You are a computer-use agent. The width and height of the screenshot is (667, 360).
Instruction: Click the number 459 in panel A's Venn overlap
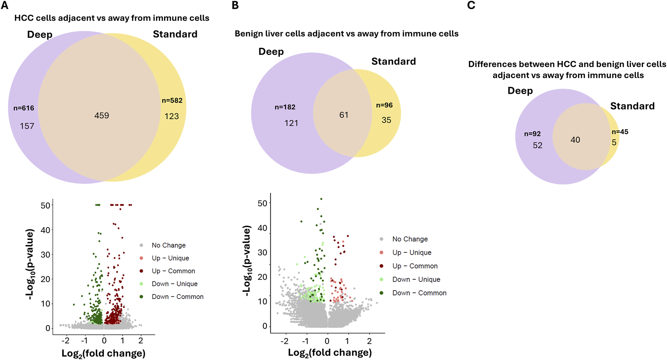pyautogui.click(x=102, y=116)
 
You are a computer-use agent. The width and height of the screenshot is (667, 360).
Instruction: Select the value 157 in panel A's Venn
pyautogui.click(x=27, y=126)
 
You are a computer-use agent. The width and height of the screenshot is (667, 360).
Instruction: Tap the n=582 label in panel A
pyautogui.click(x=172, y=101)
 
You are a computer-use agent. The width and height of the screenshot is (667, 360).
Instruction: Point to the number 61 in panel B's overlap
pyautogui.click(x=344, y=115)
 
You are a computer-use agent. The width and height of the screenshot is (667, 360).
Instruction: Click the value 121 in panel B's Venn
pyautogui.click(x=291, y=123)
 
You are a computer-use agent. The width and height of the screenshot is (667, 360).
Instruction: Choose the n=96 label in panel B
pyautogui.click(x=384, y=105)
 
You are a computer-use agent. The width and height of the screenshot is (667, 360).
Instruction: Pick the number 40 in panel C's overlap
pyautogui.click(x=575, y=140)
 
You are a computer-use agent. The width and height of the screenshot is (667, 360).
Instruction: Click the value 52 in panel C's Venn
pyautogui.click(x=538, y=145)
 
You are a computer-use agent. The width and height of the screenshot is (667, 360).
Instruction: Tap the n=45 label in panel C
pyautogui.click(x=620, y=132)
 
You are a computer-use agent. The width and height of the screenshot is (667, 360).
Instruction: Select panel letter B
pyautogui.click(x=235, y=5)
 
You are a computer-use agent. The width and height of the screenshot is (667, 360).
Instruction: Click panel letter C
pyautogui.click(x=471, y=5)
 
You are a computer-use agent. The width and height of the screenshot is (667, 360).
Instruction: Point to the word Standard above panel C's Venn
pyautogui.click(x=632, y=106)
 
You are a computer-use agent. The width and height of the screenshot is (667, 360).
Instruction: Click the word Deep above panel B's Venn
pyautogui.click(x=271, y=52)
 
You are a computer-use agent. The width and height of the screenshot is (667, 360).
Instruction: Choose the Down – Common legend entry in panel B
pyautogui.click(x=419, y=293)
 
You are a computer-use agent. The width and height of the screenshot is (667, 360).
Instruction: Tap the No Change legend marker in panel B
pyautogui.click(x=382, y=239)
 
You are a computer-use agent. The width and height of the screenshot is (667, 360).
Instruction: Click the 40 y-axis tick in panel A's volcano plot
pyautogui.click(x=46, y=230)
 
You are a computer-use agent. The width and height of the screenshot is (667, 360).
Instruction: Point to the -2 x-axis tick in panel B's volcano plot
pyautogui.click(x=285, y=341)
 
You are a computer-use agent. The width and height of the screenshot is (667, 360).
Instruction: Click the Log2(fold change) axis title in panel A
pyautogui.click(x=104, y=354)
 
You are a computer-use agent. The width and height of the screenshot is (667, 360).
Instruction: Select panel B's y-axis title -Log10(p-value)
pyautogui.click(x=247, y=261)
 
